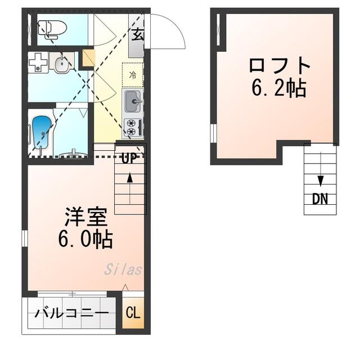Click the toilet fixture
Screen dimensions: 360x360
click(52, 29)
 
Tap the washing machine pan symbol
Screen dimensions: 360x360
click(38, 62)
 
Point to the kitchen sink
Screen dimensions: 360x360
click(133, 101)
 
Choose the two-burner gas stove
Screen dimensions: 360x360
click(133, 128)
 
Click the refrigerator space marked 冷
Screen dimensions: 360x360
click(133, 75)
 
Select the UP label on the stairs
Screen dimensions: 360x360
click(129, 158)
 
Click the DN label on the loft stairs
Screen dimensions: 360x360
click(320, 199)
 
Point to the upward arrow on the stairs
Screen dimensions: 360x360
click(130, 188)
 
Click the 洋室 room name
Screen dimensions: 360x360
click(86, 217)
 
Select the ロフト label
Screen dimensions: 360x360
click(280, 66)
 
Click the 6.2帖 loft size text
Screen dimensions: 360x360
click(279, 88)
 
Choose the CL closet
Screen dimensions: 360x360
click(133, 313)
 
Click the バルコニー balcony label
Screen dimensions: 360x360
click(71, 313)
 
